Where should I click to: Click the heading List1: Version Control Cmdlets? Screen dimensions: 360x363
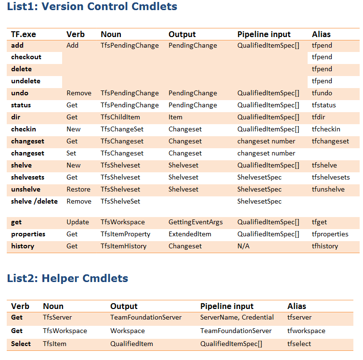(x=92, y=7)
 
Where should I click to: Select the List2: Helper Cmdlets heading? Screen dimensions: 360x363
(x=67, y=278)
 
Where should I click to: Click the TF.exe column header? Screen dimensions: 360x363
(x=24, y=34)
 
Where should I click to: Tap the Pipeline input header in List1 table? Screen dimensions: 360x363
(x=264, y=34)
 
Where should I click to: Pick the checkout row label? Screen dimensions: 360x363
(x=26, y=57)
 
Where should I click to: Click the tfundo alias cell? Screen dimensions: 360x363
(x=322, y=93)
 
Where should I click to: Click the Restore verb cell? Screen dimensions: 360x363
(x=78, y=190)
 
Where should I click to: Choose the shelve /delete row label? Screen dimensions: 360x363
(x=34, y=201)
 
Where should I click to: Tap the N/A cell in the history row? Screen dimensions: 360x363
(x=244, y=246)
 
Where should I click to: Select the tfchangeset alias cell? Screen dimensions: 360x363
(x=330, y=141)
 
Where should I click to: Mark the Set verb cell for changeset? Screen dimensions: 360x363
(x=72, y=154)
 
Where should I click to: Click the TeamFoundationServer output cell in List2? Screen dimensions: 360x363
(x=146, y=318)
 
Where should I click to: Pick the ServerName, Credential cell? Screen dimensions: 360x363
(x=237, y=318)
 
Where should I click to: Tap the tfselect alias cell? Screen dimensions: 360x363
(x=299, y=344)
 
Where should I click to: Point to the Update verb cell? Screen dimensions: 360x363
(x=78, y=222)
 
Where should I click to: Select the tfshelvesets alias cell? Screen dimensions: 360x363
(x=331, y=178)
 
